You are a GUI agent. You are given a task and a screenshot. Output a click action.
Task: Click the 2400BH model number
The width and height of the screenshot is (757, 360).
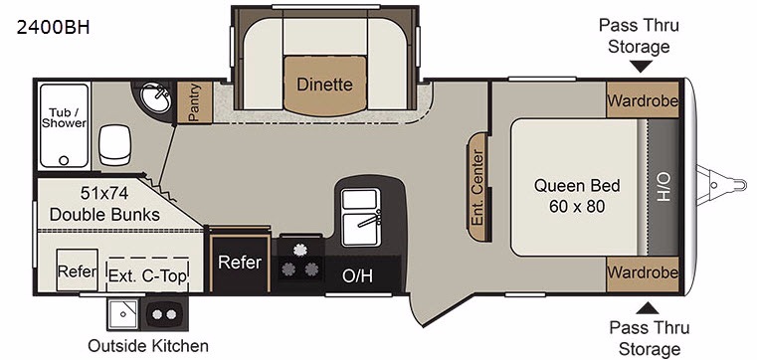pyautogui.click(x=53, y=28)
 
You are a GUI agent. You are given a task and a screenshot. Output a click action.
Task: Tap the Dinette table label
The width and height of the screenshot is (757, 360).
pyautogui.click(x=324, y=85)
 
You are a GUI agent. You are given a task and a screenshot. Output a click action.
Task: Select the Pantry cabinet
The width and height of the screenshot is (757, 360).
pyautogui.click(x=195, y=102)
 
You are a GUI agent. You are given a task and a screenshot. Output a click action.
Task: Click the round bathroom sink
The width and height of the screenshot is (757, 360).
pyautogui.click(x=156, y=97)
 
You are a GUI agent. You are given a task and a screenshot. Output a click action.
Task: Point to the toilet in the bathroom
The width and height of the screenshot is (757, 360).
pyautogui.click(x=114, y=144)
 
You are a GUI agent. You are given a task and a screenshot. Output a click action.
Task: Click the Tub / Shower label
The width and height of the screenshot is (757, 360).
pyautogui.click(x=64, y=117)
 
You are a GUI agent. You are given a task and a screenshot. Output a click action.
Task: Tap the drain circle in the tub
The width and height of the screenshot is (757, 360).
pyautogui.click(x=64, y=160)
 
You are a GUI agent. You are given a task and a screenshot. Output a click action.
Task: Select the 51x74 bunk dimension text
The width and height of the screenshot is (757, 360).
pyautogui.click(x=104, y=194)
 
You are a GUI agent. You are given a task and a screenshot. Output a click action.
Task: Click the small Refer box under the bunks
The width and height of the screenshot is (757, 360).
pyautogui.click(x=77, y=270)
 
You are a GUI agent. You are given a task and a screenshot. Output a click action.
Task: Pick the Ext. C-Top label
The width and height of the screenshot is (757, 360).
pyautogui.click(x=147, y=276)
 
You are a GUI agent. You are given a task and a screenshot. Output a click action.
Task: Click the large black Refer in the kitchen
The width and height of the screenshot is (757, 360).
pyautogui.click(x=240, y=262)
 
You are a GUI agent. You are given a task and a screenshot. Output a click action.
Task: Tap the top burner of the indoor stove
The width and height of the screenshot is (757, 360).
pyautogui.click(x=299, y=250)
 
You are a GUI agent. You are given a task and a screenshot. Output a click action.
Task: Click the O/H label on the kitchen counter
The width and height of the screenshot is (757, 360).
pyautogui.click(x=357, y=276)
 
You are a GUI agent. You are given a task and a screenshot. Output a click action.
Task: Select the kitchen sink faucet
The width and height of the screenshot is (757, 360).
pyautogui.click(x=369, y=219)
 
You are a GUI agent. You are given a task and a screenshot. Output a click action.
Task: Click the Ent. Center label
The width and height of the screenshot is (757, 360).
pyautogui.click(x=477, y=188)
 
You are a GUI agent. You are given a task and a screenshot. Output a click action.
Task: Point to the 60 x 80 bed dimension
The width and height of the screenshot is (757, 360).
pyautogui.click(x=577, y=207)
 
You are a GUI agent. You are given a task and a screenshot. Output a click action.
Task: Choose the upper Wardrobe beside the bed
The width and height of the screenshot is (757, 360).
pyautogui.click(x=643, y=100)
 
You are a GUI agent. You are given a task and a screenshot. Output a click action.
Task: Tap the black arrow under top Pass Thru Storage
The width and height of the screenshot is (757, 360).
pyautogui.click(x=642, y=67)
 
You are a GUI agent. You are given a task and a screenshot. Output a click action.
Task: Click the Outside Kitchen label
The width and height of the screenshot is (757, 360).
pyautogui.click(x=148, y=345)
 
